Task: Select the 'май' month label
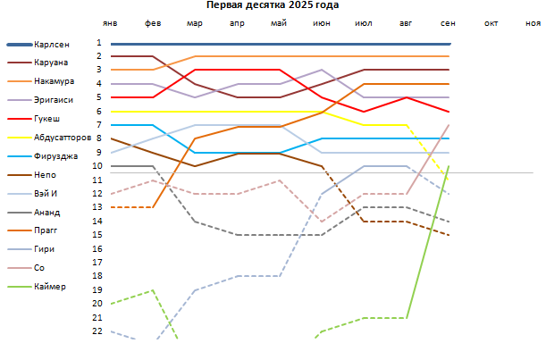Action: coord(279,24)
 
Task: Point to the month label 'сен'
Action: coord(448,24)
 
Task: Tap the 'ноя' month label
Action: coord(533,24)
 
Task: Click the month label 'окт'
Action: coord(491,24)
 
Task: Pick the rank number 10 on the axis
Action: coord(97,166)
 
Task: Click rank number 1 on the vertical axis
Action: coord(99,43)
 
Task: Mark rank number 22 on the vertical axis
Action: coord(97,331)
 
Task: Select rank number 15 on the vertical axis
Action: coord(97,235)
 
